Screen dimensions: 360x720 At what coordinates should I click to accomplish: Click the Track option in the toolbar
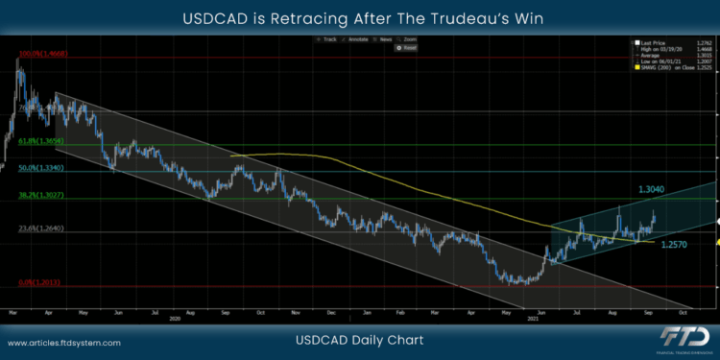[x=329, y=39]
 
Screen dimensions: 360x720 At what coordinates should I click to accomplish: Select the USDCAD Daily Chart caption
[x=360, y=341]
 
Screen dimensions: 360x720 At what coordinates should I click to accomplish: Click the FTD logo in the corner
[x=680, y=337]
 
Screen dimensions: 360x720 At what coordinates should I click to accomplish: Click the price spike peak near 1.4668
[x=17, y=60]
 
